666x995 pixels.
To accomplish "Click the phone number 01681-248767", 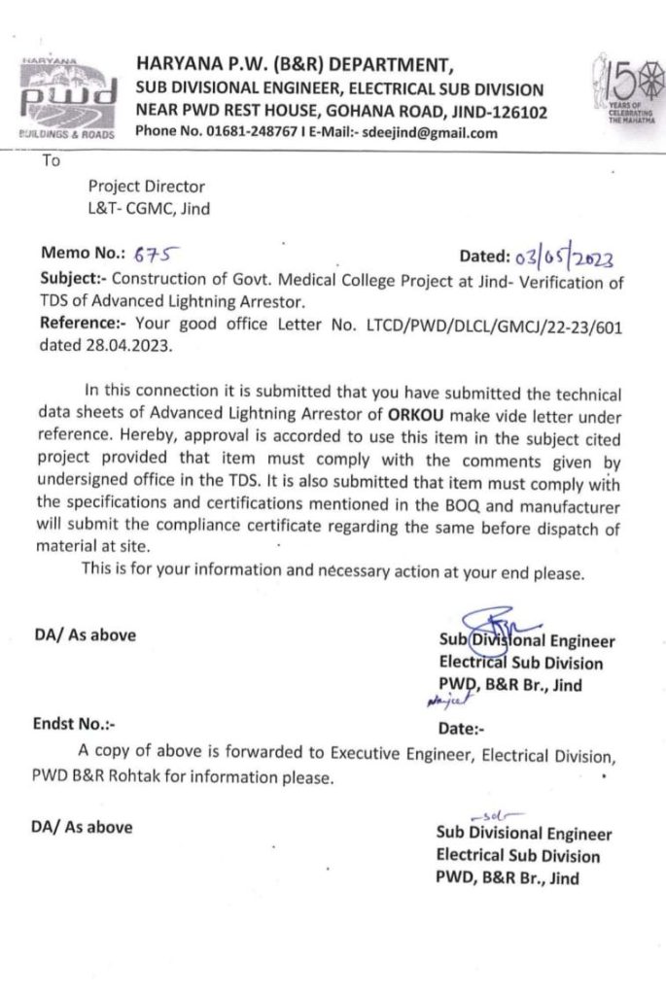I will click(228, 133).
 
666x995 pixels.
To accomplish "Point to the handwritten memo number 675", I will click(154, 256).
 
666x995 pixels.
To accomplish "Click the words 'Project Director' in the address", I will click(146, 186).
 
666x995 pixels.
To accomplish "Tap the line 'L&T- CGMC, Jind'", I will click(149, 206).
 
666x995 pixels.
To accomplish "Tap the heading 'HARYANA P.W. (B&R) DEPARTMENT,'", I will click(295, 66).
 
